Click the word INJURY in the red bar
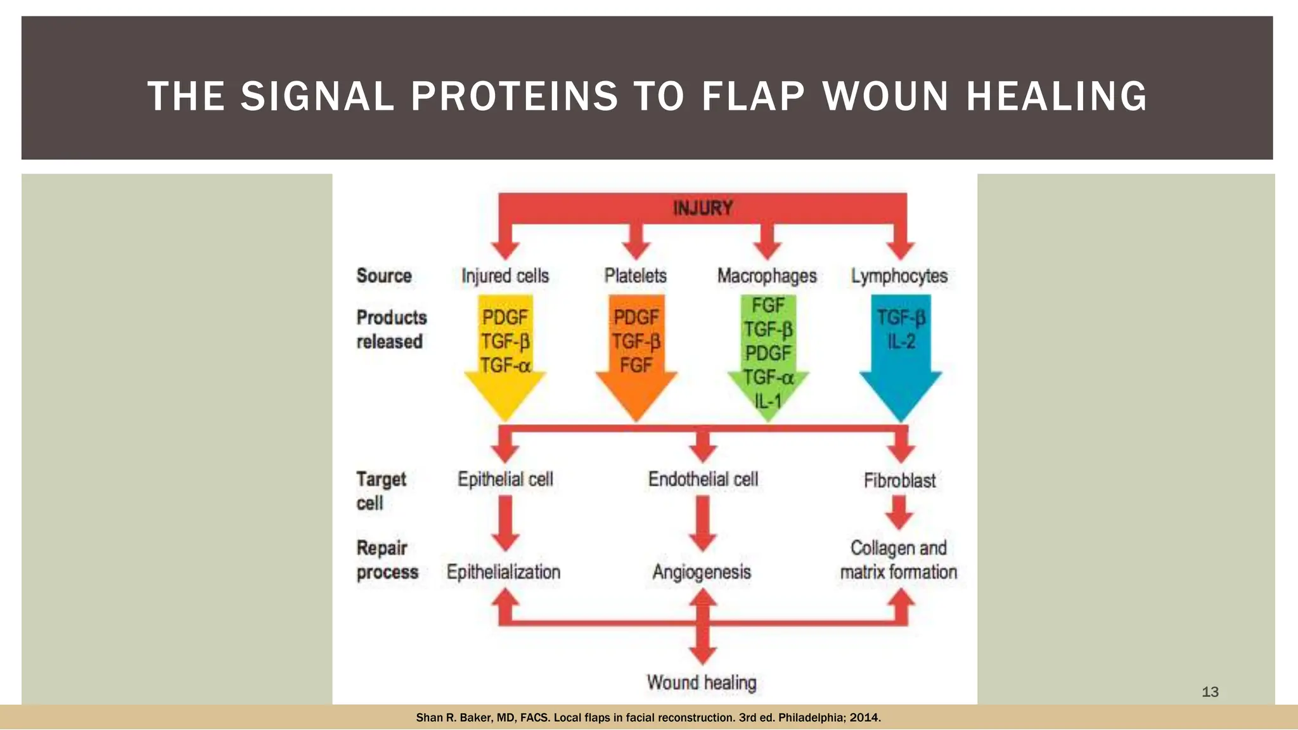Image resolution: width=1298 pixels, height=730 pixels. tap(702, 208)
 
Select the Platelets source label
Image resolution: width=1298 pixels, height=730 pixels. tap(635, 276)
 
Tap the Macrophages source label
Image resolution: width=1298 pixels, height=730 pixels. tap(767, 276)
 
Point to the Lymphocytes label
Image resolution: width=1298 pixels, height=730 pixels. tap(899, 276)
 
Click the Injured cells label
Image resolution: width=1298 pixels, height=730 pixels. tap(505, 276)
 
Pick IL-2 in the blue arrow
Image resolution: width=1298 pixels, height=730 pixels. tap(901, 342)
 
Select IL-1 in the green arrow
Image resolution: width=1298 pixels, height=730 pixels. tap(768, 401)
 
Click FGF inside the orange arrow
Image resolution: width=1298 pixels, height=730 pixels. tap(636, 366)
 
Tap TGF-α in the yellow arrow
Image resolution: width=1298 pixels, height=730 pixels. tap(505, 366)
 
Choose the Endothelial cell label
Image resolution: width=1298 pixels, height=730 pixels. tap(703, 479)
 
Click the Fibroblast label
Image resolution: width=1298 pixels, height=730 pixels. tap(899, 480)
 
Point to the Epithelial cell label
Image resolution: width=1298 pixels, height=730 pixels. tap(505, 479)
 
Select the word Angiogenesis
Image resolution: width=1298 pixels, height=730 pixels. tap(702, 572)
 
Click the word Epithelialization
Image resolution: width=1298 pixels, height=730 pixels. tap(504, 572)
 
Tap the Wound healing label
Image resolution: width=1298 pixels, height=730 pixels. tap(702, 682)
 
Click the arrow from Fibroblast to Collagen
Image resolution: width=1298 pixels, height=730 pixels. tap(899, 512)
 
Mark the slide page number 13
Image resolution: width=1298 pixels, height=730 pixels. tap(1210, 692)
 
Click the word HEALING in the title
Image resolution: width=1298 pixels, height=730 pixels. tap(1057, 96)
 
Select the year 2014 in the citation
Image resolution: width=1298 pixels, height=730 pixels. tap(864, 718)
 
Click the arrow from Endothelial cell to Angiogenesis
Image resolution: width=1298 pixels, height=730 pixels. tap(703, 523)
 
